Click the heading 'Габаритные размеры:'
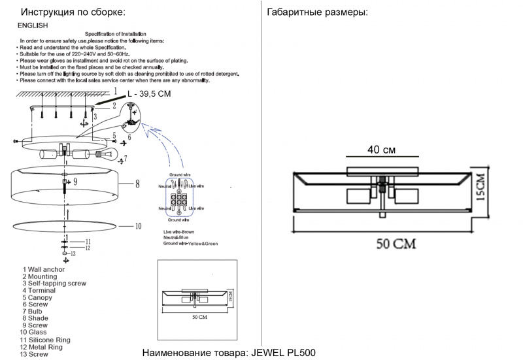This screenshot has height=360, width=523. [x=317, y=12]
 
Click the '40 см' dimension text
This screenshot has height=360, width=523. [x=381, y=150]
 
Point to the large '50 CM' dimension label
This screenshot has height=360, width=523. [x=396, y=244]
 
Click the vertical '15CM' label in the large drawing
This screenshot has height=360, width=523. [x=480, y=188]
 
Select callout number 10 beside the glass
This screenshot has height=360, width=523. [x=137, y=227]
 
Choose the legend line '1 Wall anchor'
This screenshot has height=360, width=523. [x=44, y=269]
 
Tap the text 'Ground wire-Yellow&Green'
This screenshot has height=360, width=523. [x=191, y=243]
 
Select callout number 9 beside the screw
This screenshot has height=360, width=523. [x=75, y=180]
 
